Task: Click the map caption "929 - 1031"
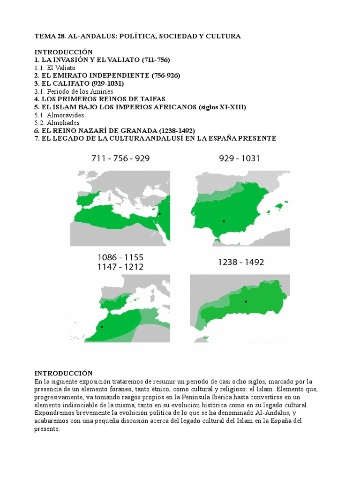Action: click(239, 158)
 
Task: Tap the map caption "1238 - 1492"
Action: click(240, 262)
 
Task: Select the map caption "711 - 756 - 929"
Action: click(120, 158)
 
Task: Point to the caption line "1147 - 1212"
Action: click(120, 267)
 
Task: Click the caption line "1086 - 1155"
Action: click(120, 257)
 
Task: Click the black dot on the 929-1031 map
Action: click(224, 221)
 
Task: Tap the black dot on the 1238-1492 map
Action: click(245, 301)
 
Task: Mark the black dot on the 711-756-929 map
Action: click(160, 214)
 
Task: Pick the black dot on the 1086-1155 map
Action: click(102, 327)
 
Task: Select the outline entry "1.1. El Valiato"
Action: click(55, 67)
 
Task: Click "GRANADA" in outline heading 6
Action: click(136, 130)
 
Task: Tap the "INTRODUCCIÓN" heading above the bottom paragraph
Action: click(64, 373)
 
